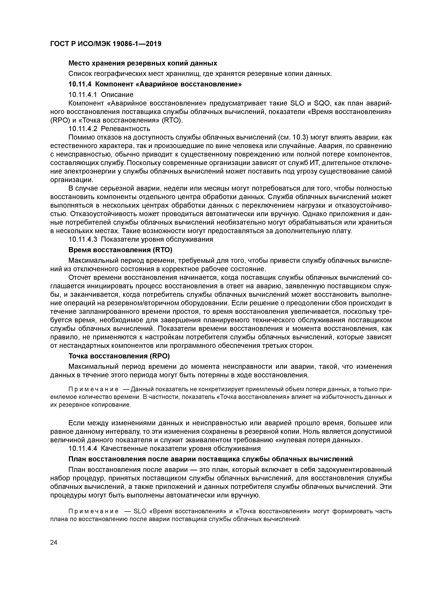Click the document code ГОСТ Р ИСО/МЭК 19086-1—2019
pos(105,44)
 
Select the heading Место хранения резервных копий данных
pos(143,63)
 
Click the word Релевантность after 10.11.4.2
pos(125,128)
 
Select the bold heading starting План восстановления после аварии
pos(211,459)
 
